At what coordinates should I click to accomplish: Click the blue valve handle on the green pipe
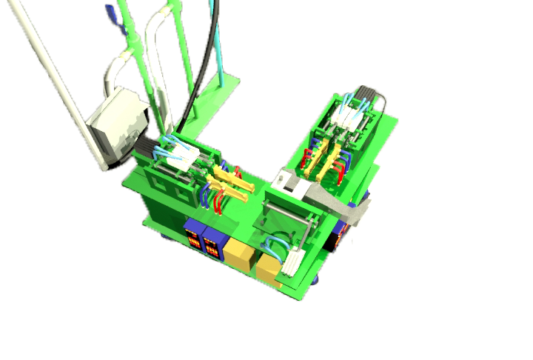[x=112, y=16]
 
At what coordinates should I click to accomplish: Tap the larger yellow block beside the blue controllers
[x=240, y=253]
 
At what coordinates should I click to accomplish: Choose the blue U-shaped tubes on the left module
[x=205, y=194]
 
